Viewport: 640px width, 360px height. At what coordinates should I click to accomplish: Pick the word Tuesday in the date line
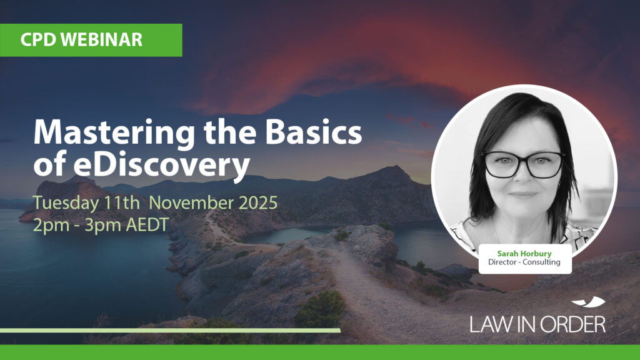(x=66, y=203)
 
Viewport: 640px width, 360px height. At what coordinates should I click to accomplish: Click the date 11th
(x=122, y=202)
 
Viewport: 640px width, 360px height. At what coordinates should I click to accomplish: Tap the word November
(x=191, y=202)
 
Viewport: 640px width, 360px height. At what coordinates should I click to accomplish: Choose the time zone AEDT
(x=147, y=224)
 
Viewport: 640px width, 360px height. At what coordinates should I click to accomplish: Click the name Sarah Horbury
(x=524, y=254)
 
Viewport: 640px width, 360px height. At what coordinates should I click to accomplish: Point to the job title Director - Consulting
(x=524, y=262)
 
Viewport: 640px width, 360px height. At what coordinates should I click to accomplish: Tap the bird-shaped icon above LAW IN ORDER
(x=588, y=302)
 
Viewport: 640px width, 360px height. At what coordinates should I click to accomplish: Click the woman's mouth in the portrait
(x=523, y=194)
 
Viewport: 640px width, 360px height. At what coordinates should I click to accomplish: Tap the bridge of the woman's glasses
(x=524, y=158)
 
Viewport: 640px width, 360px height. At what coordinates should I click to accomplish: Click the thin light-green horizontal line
(x=170, y=330)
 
